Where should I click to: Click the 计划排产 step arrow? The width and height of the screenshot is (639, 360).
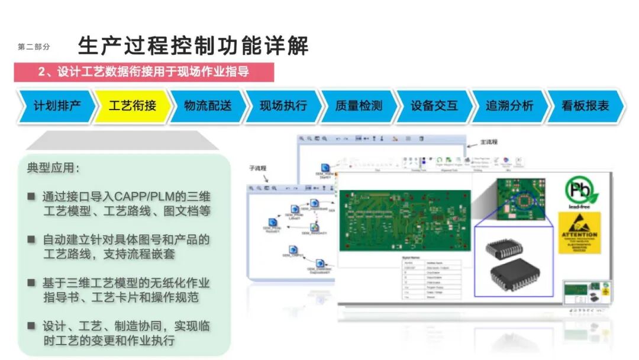(x=57, y=107)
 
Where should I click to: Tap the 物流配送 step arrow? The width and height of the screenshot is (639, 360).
(x=208, y=107)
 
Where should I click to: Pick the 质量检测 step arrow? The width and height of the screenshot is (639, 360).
(x=359, y=107)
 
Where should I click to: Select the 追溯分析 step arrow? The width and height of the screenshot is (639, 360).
(x=509, y=107)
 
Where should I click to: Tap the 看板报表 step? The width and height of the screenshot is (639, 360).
(x=585, y=107)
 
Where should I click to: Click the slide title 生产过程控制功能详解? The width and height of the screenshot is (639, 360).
(x=193, y=46)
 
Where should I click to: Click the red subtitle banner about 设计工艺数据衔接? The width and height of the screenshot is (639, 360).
(x=144, y=72)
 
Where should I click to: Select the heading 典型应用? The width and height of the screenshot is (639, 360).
(x=53, y=168)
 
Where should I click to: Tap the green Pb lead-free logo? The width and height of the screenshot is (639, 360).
(x=582, y=192)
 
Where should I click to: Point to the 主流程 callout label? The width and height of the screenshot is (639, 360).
(x=489, y=142)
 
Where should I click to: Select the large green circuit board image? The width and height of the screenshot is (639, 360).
(x=405, y=220)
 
